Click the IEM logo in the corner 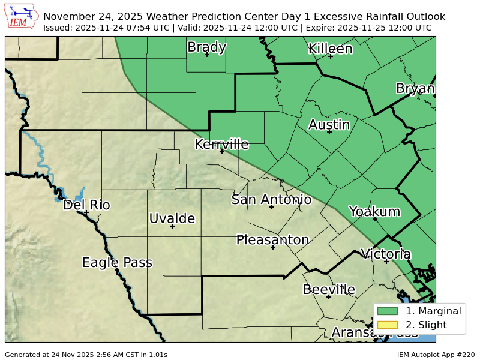[22, 16]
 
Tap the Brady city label [206, 47]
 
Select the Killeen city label [330, 49]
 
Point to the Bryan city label [415, 89]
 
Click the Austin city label [329, 125]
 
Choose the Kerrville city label [221, 144]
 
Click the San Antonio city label [271, 200]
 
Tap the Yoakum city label [374, 211]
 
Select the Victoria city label [385, 254]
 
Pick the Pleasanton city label [272, 240]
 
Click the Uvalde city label [172, 218]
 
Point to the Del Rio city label [86, 205]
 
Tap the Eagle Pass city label [117, 263]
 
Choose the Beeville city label [329, 289]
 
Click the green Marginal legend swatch [388, 311]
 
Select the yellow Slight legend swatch [388, 325]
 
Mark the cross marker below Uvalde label [172, 226]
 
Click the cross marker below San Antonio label [271, 207]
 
